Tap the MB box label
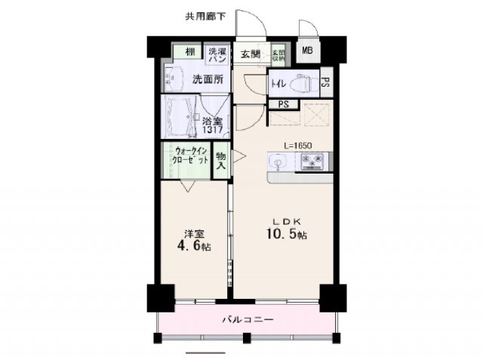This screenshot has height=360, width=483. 307,51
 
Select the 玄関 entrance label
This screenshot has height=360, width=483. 251,54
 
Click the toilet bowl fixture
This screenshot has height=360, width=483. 305,82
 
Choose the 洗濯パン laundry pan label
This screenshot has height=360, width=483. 217,54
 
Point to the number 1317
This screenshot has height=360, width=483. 211,130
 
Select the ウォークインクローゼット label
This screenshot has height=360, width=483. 186,155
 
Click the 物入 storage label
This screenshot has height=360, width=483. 221,159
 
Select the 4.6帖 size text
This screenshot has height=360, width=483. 195,246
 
